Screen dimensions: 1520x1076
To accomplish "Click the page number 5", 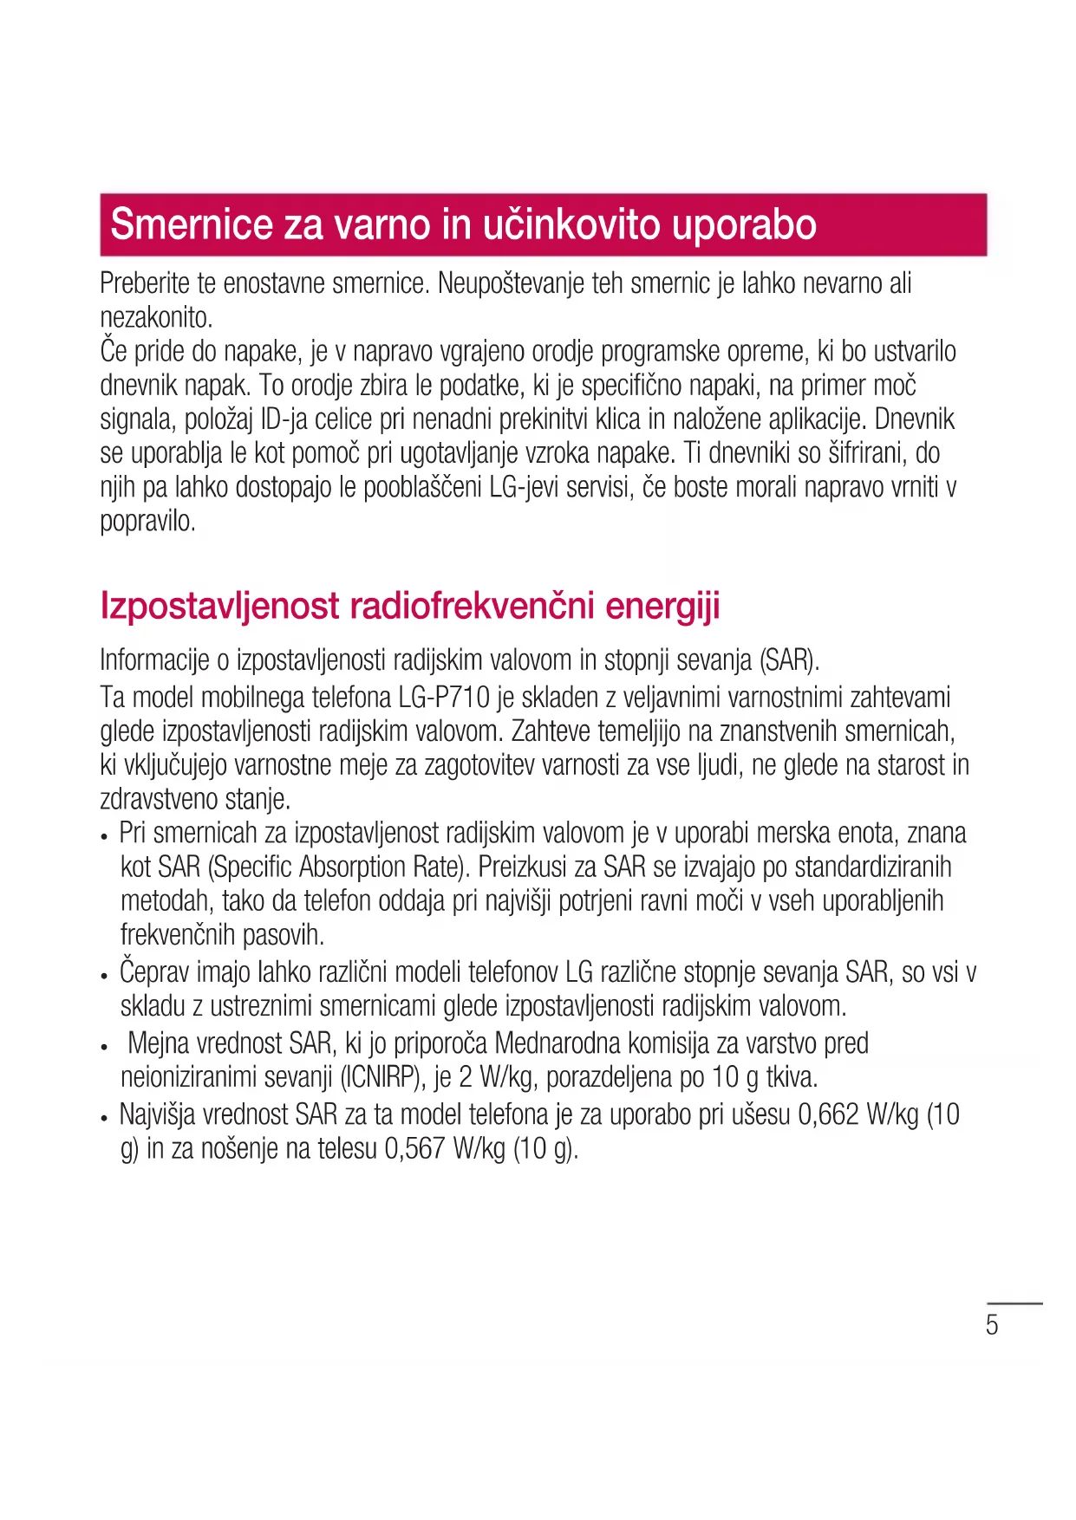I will pyautogui.click(x=992, y=1325).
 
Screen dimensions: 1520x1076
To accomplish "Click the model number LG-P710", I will pyautogui.click(x=444, y=698).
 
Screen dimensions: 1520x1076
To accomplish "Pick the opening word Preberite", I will pyautogui.click(x=145, y=283).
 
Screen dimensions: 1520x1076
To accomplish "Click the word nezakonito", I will pyautogui.click(x=156, y=317).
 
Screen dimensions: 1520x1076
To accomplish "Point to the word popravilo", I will pyautogui.click(x=147, y=521).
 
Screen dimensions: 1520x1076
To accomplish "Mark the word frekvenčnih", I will pyautogui.click(x=179, y=934).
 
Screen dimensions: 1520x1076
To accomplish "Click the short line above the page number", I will pyautogui.click(x=1014, y=1302).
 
